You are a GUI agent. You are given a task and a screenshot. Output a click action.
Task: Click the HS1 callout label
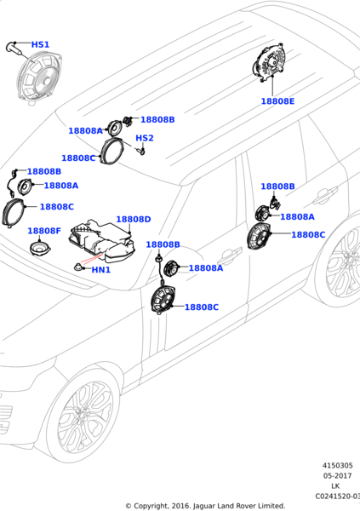click(x=40, y=44)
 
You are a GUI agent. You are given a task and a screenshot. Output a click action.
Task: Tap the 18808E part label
click(x=277, y=101)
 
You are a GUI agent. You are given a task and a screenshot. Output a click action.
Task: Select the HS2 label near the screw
click(x=145, y=138)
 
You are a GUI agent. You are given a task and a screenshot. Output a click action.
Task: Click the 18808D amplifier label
click(x=134, y=220)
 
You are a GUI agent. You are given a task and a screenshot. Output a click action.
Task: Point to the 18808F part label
click(x=44, y=231)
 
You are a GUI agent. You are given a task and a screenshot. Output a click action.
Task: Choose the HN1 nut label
click(x=101, y=270)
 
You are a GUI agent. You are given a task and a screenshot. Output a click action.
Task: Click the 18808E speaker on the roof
click(x=269, y=63)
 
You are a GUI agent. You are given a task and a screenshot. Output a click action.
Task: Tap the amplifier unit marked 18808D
click(x=102, y=242)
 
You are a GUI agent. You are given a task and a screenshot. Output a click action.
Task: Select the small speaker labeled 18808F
click(x=40, y=249)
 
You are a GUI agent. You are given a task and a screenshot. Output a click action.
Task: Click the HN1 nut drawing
click(x=79, y=267)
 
